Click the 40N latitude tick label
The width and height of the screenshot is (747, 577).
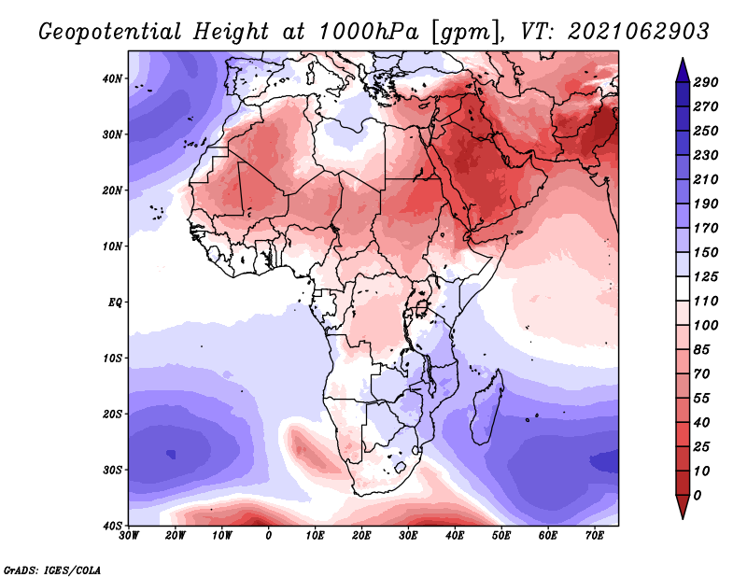[x=112, y=78]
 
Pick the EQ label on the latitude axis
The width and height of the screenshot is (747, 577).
[x=114, y=303]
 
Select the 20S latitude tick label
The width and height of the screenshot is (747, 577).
[x=112, y=414]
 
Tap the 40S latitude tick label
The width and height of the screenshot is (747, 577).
[x=112, y=526]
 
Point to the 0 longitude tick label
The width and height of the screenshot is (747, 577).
[x=269, y=537]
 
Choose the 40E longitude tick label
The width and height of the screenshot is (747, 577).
[x=456, y=537]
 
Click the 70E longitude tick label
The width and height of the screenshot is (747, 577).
[x=595, y=537]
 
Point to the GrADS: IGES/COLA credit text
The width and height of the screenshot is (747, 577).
[x=52, y=569]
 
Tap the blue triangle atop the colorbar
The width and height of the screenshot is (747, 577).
[x=683, y=68]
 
